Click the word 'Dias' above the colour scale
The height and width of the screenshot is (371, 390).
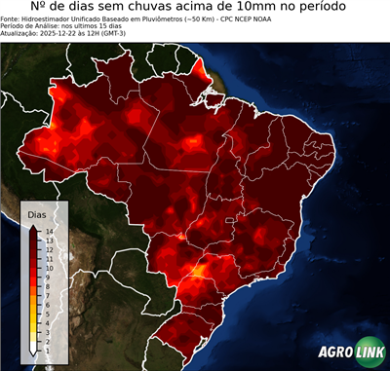point(37,213)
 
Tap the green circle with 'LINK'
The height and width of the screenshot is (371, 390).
point(368,352)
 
